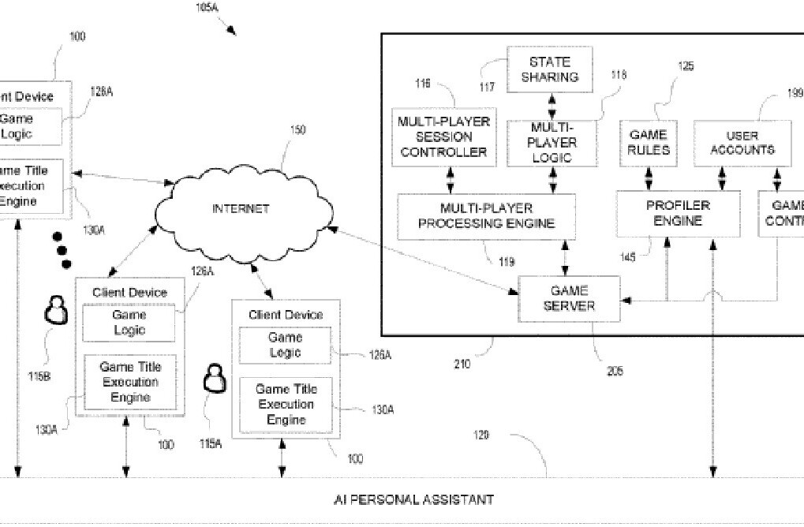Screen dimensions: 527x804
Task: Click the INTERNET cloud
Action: (240, 208)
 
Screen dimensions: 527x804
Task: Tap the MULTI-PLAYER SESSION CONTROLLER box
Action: (444, 137)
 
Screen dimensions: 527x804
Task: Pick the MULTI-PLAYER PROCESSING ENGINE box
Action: (486, 215)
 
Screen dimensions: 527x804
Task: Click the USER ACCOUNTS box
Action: (742, 143)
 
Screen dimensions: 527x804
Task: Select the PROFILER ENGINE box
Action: (678, 213)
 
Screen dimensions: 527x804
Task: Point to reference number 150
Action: (298, 131)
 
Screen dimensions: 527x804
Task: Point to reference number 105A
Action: (208, 8)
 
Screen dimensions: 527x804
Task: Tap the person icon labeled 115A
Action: (215, 381)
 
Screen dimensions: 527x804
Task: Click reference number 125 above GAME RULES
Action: (686, 67)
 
